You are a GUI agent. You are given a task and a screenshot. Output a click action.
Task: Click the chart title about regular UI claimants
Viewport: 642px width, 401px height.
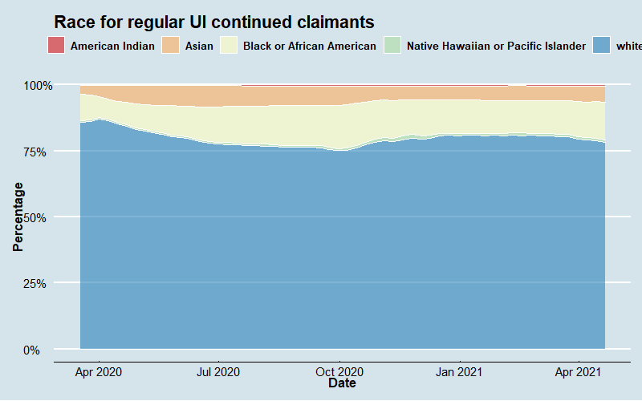coord(214,22)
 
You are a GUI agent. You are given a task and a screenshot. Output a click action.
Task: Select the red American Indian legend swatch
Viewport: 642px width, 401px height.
coord(56,46)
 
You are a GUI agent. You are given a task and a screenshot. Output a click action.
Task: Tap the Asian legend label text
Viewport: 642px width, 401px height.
coord(199,46)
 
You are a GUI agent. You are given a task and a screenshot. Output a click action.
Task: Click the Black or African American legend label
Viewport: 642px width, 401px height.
coord(309,46)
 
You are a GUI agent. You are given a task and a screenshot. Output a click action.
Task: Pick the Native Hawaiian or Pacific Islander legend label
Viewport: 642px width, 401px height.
coord(496,46)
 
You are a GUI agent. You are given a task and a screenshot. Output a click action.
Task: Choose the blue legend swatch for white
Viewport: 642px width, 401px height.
coord(602,46)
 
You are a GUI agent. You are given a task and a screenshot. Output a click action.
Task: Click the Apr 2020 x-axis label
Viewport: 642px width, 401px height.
coord(99,371)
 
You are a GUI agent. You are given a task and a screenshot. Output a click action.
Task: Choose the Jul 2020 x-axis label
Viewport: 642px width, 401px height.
coord(218,371)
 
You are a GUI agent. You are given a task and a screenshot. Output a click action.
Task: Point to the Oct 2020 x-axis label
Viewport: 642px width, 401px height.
coord(340,371)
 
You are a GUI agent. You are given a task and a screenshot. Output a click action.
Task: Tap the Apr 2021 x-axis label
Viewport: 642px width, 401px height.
coord(579,371)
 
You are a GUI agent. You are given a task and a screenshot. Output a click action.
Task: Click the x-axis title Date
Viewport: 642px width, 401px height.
coord(342,384)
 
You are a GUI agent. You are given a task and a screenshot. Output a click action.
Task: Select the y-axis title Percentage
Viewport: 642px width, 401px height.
coord(18,217)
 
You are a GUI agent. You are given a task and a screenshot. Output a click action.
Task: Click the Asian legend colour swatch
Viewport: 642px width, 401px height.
coord(170,46)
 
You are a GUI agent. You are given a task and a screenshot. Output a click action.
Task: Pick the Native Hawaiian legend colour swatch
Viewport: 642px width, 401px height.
coord(392,46)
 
